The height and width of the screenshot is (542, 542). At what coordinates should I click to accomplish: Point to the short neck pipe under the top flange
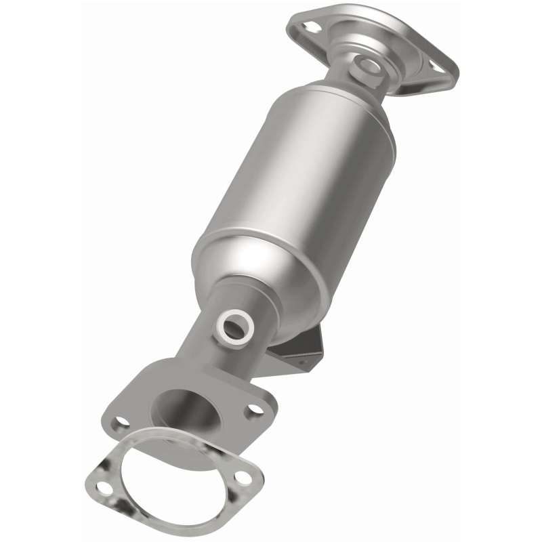[352, 81]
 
